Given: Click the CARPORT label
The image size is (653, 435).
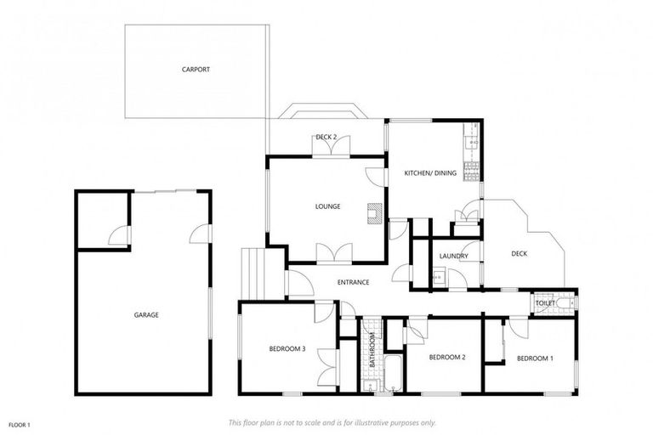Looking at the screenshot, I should coord(196,70).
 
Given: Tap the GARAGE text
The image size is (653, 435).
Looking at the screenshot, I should coord(146,315).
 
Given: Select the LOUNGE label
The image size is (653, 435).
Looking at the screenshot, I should coord(327,206).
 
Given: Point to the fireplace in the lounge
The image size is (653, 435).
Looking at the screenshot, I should coord(374,213).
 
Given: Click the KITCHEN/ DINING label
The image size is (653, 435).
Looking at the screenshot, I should coord(430,173).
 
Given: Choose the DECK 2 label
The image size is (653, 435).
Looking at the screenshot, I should coord(326,137).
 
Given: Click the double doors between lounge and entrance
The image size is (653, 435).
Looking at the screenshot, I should coord(333,253).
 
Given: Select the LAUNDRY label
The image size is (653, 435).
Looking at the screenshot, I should coord(454,256).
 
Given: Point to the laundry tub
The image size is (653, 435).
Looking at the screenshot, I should coord(438,276).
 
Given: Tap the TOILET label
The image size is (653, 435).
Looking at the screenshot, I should coord(545,302).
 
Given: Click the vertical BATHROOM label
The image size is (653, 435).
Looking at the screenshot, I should coord(372,349).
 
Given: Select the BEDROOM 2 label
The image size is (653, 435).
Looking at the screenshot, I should coord(446,358).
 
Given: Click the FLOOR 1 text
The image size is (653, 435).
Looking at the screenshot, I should coord(19,424).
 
